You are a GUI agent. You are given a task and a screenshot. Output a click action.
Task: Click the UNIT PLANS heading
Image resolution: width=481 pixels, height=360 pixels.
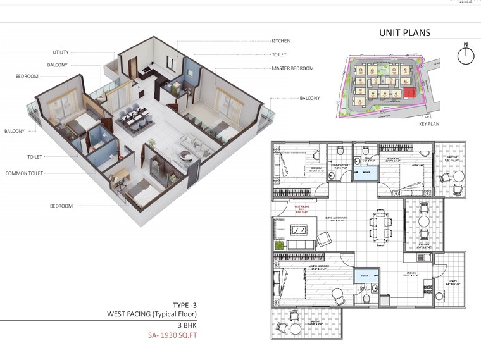(x=404, y=33)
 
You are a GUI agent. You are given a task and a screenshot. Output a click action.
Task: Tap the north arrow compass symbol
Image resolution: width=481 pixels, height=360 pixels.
(x=466, y=55)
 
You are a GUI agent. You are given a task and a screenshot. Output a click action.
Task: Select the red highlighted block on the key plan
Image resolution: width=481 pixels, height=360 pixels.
(x=411, y=93)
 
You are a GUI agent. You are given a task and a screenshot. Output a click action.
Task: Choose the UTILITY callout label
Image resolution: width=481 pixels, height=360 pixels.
(x=61, y=52)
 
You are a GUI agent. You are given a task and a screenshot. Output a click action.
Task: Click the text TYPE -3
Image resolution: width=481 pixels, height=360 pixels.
(x=185, y=305)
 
